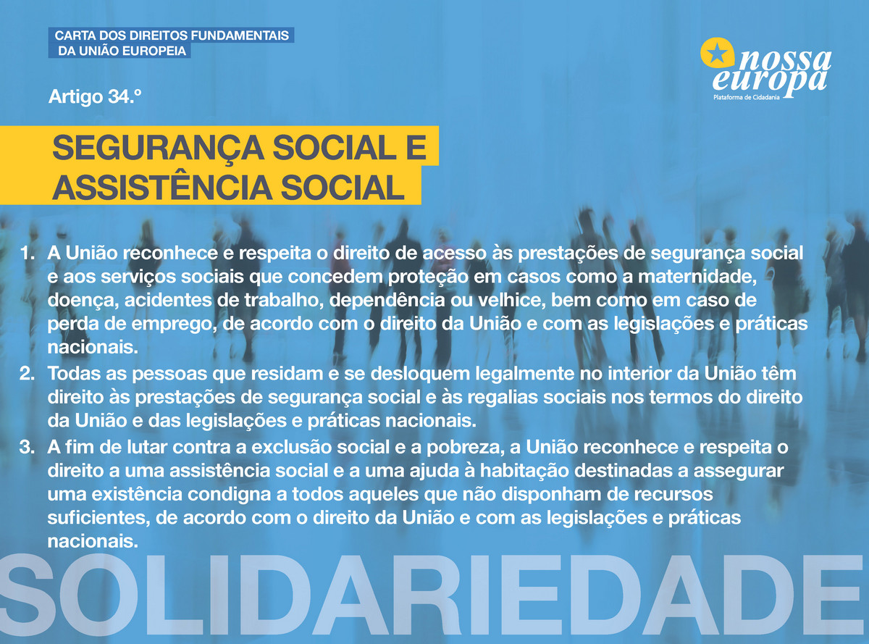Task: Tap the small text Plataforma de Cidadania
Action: pyautogui.click(x=747, y=97)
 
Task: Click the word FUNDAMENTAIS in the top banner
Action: pyautogui.click(x=235, y=35)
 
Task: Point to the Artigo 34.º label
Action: pyautogui.click(x=94, y=96)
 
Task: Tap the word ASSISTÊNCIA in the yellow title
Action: pyautogui.click(x=162, y=188)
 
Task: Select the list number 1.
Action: pyautogui.click(x=27, y=254)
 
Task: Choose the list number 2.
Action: pyautogui.click(x=27, y=374)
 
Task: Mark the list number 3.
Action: pyautogui.click(x=27, y=447)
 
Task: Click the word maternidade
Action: pyautogui.click(x=697, y=277)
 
